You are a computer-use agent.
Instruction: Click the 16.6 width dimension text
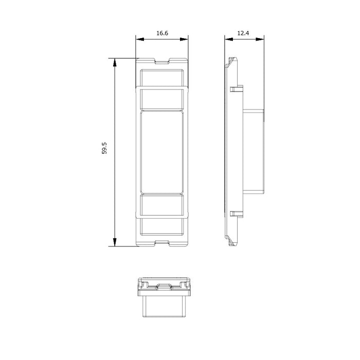[162, 33]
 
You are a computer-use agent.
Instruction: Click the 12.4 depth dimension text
[243, 33]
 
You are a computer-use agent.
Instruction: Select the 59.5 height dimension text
[104, 148]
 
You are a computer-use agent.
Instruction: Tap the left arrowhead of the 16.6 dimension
[140, 39]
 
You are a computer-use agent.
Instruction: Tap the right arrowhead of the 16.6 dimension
[184, 39]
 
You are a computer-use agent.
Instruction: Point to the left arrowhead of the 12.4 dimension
[229, 39]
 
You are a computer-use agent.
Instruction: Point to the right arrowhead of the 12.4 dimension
[260, 39]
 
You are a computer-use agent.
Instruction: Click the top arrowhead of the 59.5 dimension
[115, 62]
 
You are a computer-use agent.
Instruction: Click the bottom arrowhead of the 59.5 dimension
[115, 242]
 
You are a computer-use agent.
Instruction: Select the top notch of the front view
[163, 61]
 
